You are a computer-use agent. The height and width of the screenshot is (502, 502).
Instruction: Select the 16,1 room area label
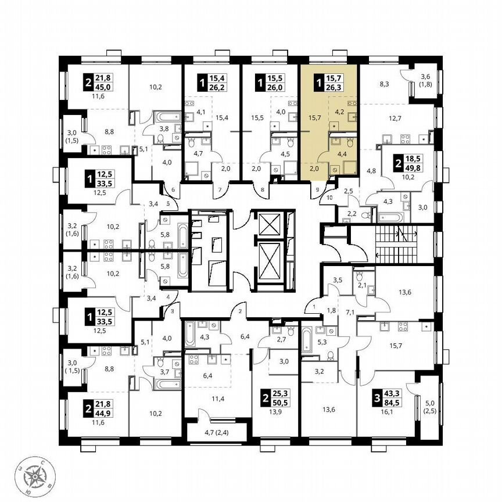pos(386,410)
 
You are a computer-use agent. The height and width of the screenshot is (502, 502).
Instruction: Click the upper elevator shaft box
pos(268,223)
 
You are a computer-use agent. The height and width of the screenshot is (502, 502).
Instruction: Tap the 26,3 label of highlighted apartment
pos(335,89)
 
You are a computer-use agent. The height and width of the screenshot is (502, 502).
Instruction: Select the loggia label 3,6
pos(425,76)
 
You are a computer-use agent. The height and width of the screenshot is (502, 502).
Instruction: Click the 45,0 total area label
pos(105,89)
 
